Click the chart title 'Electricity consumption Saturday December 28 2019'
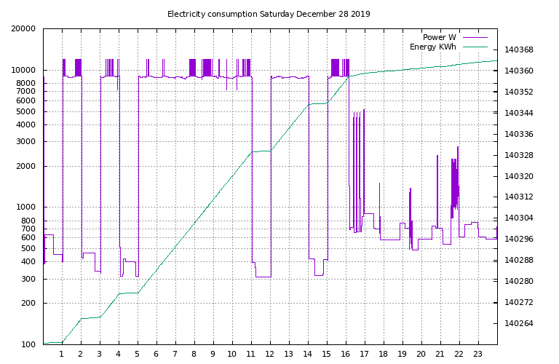tap(269, 14)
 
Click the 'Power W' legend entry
tap(440, 37)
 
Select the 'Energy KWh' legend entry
tap(433, 47)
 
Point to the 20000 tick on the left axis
tap(24, 29)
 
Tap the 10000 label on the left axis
tap(24, 71)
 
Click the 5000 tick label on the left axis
tap(26, 111)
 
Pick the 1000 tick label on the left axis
tap(26, 207)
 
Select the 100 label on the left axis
tap(28, 344)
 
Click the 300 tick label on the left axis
tap(28, 279)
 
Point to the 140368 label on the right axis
tap(518, 50)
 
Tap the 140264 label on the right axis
tap(518, 323)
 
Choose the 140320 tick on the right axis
tap(518, 176)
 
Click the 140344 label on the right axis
tap(518, 113)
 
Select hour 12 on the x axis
tap(270, 354)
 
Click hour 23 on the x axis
tap(478, 354)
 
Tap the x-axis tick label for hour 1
tap(62, 354)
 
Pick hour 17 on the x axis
tap(365, 354)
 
